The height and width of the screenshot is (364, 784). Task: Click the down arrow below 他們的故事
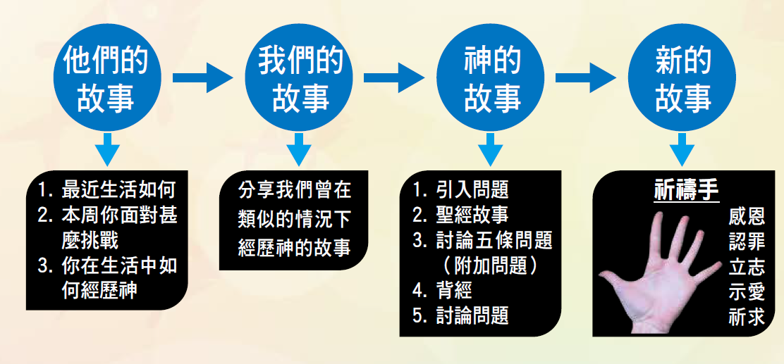[x=106, y=149]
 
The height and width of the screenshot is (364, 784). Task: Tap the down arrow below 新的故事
[x=682, y=149]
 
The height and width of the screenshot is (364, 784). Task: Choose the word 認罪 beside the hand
[x=746, y=241]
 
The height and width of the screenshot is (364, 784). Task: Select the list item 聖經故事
[x=469, y=215]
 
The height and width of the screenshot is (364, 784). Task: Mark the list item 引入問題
[x=469, y=189]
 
